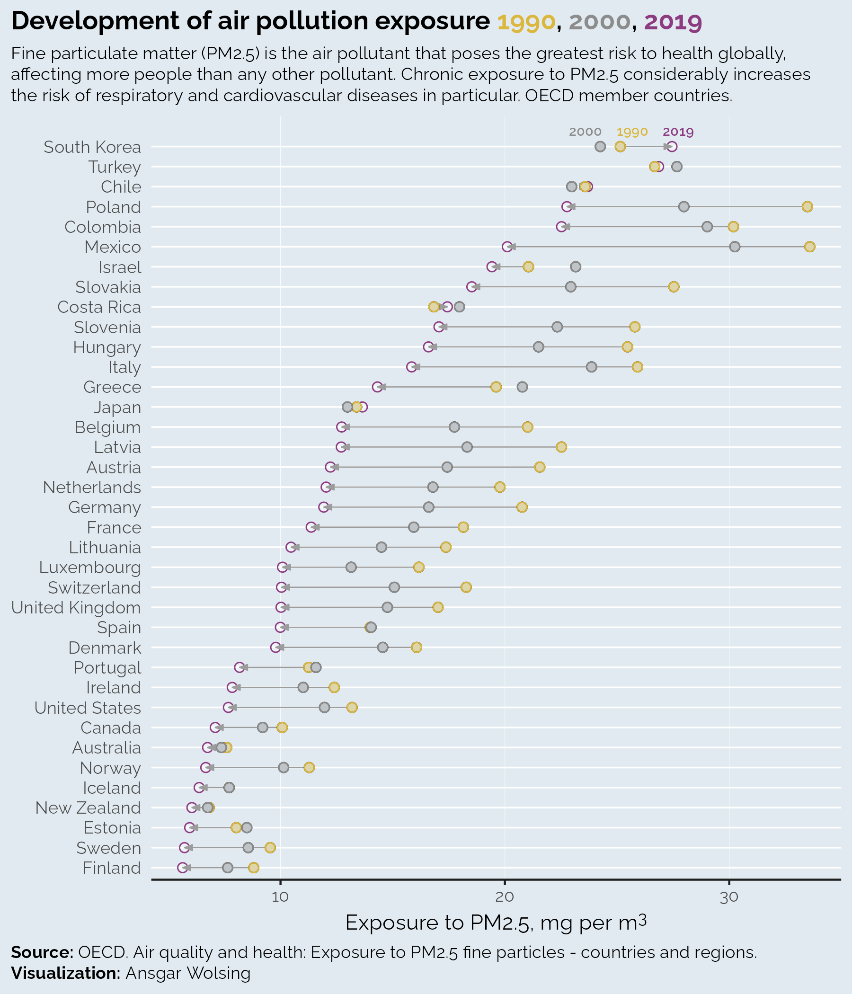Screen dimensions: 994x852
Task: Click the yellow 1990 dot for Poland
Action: [x=808, y=207]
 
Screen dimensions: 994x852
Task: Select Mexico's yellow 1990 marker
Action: [x=810, y=247]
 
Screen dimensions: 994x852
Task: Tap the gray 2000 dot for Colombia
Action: [x=707, y=227]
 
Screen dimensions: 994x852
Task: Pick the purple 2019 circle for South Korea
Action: [x=672, y=147]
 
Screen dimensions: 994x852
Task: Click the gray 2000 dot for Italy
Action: [x=592, y=367]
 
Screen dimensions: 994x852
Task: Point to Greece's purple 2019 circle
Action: [x=378, y=387]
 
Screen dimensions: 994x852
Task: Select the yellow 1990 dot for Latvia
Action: [x=561, y=447]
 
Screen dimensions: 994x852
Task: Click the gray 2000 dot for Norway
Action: [x=284, y=768]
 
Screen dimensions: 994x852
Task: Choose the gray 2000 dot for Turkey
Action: [x=677, y=167]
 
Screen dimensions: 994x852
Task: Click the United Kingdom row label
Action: [x=76, y=608]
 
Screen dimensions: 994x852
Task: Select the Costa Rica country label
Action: [x=99, y=307]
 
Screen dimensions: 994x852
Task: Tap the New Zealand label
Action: [x=88, y=808]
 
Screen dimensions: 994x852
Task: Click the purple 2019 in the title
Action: [x=673, y=22]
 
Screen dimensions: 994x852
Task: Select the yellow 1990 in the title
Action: [x=527, y=22]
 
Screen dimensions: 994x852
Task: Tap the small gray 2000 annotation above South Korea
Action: [x=585, y=132]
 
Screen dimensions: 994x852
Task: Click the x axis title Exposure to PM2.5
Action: [x=496, y=923]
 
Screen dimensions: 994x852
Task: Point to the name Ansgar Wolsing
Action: [x=188, y=973]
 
